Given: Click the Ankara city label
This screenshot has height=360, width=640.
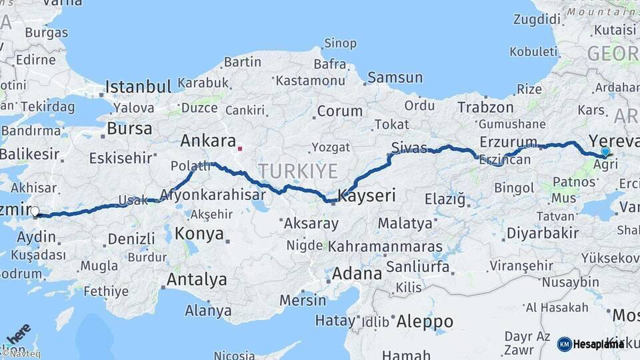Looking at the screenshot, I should pos(208,141).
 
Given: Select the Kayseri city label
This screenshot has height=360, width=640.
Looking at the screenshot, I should pos(367,195).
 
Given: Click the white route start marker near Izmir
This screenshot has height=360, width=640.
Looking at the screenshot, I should pos(35,213).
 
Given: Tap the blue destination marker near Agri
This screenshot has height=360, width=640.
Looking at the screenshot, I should pos(605,151).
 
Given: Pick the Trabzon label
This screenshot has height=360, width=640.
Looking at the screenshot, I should pos(485,107).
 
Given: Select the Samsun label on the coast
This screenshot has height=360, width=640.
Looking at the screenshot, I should pos(395,78).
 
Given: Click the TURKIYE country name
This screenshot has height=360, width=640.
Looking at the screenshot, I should pos(298,171).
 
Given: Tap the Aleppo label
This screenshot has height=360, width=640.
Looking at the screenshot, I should pos(425,322).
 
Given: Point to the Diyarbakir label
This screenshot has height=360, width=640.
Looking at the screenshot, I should pos(542,233).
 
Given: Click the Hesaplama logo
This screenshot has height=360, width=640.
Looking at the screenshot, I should pos(591,344).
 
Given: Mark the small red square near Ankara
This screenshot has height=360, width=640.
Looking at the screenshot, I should pos(240,149).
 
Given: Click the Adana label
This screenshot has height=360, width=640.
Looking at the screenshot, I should pos(357,273).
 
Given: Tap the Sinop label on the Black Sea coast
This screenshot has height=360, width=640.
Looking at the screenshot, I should pos(340,44).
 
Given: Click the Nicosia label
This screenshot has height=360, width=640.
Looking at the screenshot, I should pos(234,355).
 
